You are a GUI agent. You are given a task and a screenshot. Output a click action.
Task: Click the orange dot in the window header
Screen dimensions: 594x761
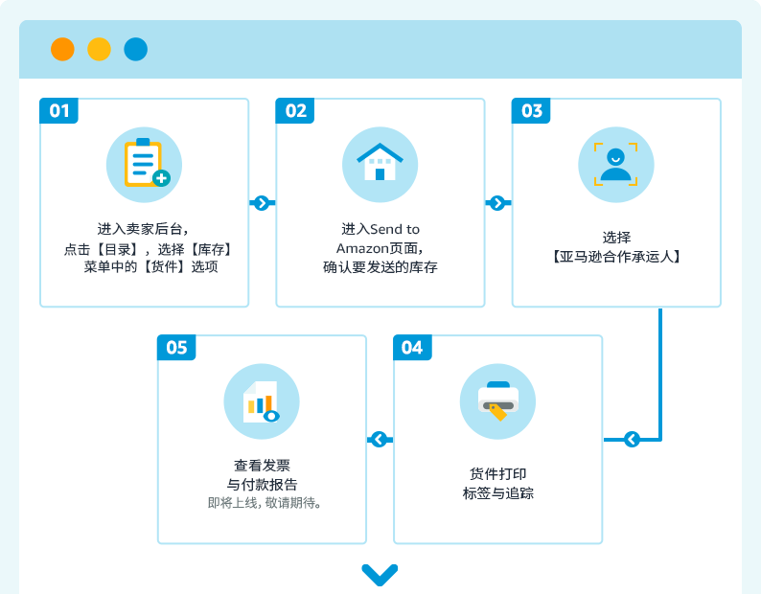point(62,49)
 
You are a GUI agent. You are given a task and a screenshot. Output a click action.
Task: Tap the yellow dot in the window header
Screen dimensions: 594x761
point(99,49)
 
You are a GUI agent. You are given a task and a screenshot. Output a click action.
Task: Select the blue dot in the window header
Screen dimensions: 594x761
point(135,49)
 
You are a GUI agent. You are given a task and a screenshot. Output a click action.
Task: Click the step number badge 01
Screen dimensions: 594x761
point(59,111)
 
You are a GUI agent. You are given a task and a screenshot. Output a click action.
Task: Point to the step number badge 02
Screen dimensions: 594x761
point(296,111)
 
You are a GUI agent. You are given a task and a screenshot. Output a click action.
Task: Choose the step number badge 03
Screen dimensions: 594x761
point(532,111)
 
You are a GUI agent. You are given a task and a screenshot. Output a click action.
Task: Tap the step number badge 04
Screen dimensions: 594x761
point(412,347)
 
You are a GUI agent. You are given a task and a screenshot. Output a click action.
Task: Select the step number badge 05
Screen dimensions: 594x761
point(176,347)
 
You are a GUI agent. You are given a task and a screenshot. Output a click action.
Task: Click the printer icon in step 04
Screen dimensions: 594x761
point(497,401)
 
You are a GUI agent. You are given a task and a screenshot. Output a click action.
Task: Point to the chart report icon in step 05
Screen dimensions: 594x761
point(262,401)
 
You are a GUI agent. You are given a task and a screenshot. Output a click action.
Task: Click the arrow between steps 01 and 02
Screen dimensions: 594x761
point(261,203)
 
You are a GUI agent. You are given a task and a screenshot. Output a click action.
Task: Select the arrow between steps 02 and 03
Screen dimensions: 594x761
point(496,203)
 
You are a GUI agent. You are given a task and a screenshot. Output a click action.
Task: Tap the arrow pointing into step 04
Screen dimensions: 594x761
point(632,440)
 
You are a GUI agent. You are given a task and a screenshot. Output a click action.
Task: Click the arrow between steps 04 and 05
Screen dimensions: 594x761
point(379,440)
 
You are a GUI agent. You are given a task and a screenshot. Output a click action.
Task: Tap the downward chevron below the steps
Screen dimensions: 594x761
point(380,574)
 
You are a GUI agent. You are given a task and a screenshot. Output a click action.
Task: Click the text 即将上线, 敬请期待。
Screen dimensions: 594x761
point(264,502)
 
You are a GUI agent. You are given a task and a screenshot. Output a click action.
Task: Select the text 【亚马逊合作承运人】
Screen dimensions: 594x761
point(616,257)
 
